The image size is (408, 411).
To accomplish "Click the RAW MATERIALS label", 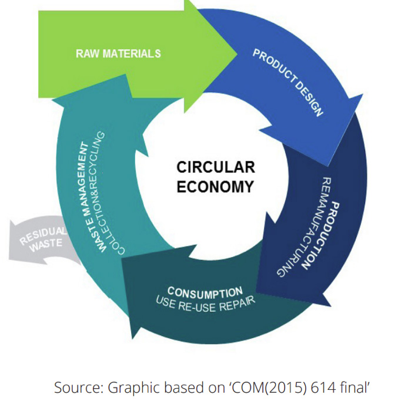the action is coord(118,54).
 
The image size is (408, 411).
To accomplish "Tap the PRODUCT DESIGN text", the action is coord(288,83).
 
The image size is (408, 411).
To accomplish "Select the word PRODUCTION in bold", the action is coord(323,235).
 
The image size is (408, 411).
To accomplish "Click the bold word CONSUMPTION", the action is coord(205,292).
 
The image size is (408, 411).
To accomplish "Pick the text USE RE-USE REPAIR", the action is coord(205,304).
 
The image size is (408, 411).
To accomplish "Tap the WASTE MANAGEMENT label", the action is coord(83,197).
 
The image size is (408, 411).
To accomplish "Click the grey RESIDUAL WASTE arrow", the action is coord(44,240).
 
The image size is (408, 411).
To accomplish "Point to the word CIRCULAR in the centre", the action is coord(216,167).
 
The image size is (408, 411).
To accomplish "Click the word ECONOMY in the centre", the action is coord(215,187).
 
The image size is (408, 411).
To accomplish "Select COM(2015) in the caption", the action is coord(269,388).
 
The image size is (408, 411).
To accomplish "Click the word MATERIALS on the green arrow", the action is coord(132,54).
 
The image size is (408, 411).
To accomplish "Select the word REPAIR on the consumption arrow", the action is coord(237,304).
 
